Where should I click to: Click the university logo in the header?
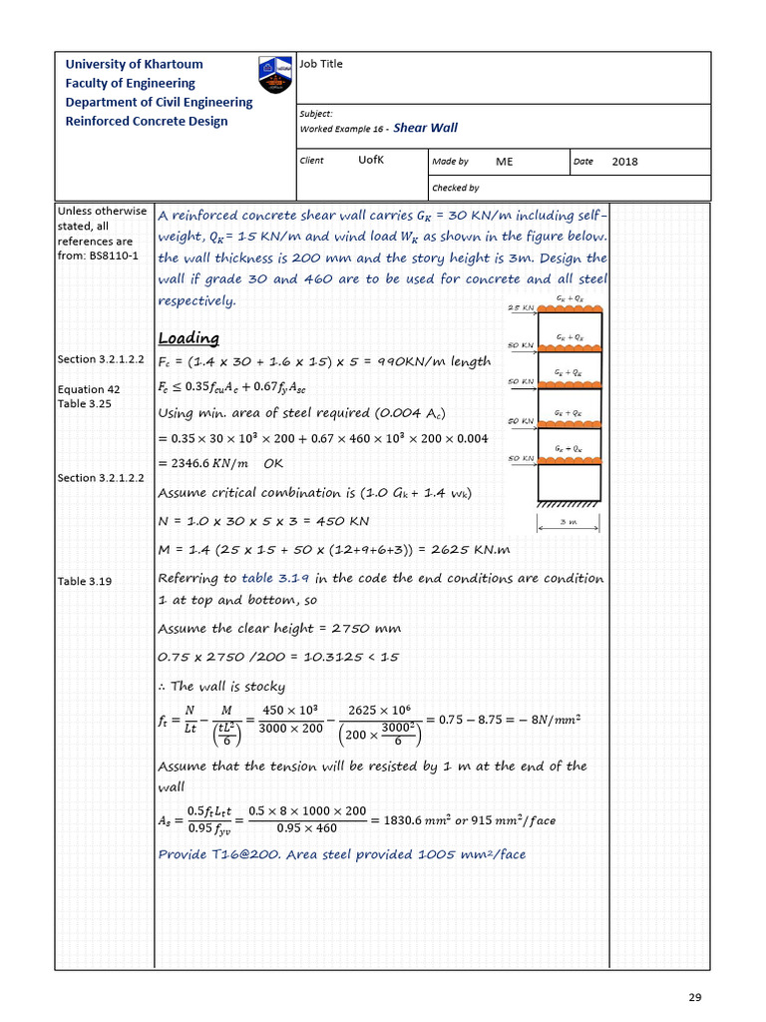pos(276,76)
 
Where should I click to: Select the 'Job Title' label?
pos(320,64)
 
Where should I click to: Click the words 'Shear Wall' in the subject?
pos(426,128)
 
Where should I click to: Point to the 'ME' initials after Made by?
pos(504,161)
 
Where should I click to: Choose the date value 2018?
pos(624,162)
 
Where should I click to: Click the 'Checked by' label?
pos(455,188)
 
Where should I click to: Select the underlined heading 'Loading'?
pos(189,338)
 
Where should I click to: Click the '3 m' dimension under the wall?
pos(569,521)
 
